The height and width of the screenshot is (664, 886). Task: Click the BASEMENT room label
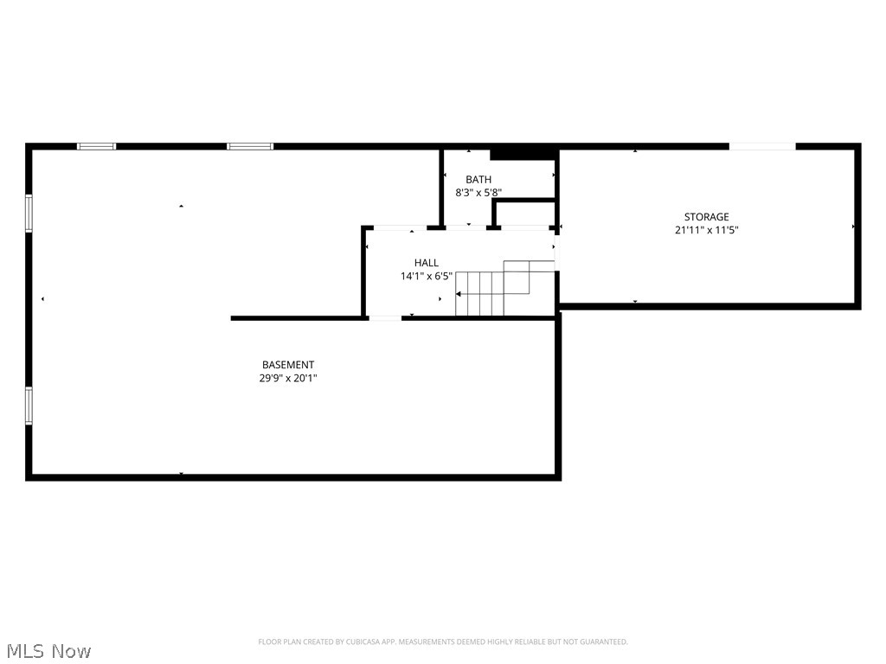[288, 365]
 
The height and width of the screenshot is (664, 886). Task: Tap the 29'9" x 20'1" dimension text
[288, 378]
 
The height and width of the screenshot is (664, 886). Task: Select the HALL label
[426, 263]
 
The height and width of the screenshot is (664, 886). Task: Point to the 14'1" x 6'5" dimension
[426, 277]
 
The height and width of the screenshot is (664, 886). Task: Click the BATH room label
[478, 180]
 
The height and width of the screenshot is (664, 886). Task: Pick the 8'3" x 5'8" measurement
[478, 193]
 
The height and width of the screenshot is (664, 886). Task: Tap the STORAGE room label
[706, 217]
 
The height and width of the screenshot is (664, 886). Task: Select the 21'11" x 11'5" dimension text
[706, 230]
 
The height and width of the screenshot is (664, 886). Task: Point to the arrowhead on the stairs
[459, 295]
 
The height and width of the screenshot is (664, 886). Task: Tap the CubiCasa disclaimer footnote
[442, 642]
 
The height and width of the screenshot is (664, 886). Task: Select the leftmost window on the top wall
[96, 146]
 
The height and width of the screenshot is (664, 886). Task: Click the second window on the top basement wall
[250, 146]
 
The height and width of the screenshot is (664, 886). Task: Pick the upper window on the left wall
[29, 213]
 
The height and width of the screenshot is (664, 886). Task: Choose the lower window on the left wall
[29, 405]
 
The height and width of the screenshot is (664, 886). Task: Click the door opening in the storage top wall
[761, 146]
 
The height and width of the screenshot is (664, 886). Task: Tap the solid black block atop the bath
[522, 154]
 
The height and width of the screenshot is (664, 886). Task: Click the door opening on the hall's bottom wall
[385, 318]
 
